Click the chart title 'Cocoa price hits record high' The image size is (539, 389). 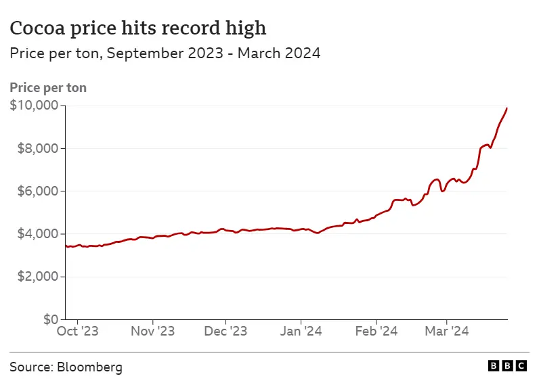coord(137,28)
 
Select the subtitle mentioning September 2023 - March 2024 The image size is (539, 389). coord(165,53)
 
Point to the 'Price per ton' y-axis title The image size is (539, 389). coord(48,87)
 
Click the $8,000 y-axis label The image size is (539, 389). coord(37,148)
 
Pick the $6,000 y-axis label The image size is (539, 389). coord(37,191)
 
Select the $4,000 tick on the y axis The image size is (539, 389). coord(37,234)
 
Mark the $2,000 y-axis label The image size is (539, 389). coord(37,277)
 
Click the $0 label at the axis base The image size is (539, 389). coord(51,319)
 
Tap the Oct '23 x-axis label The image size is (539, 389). coord(77,331)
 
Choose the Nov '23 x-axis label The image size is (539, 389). coord(153,331)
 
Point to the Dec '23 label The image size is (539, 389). coord(225,331)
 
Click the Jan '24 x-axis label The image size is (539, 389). coord(301,331)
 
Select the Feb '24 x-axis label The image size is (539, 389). coord(376,331)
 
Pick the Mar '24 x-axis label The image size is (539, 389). coord(447,331)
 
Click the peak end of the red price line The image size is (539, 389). coord(507,108)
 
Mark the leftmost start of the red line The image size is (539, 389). coord(66,246)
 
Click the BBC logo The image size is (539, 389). coord(507,366)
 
